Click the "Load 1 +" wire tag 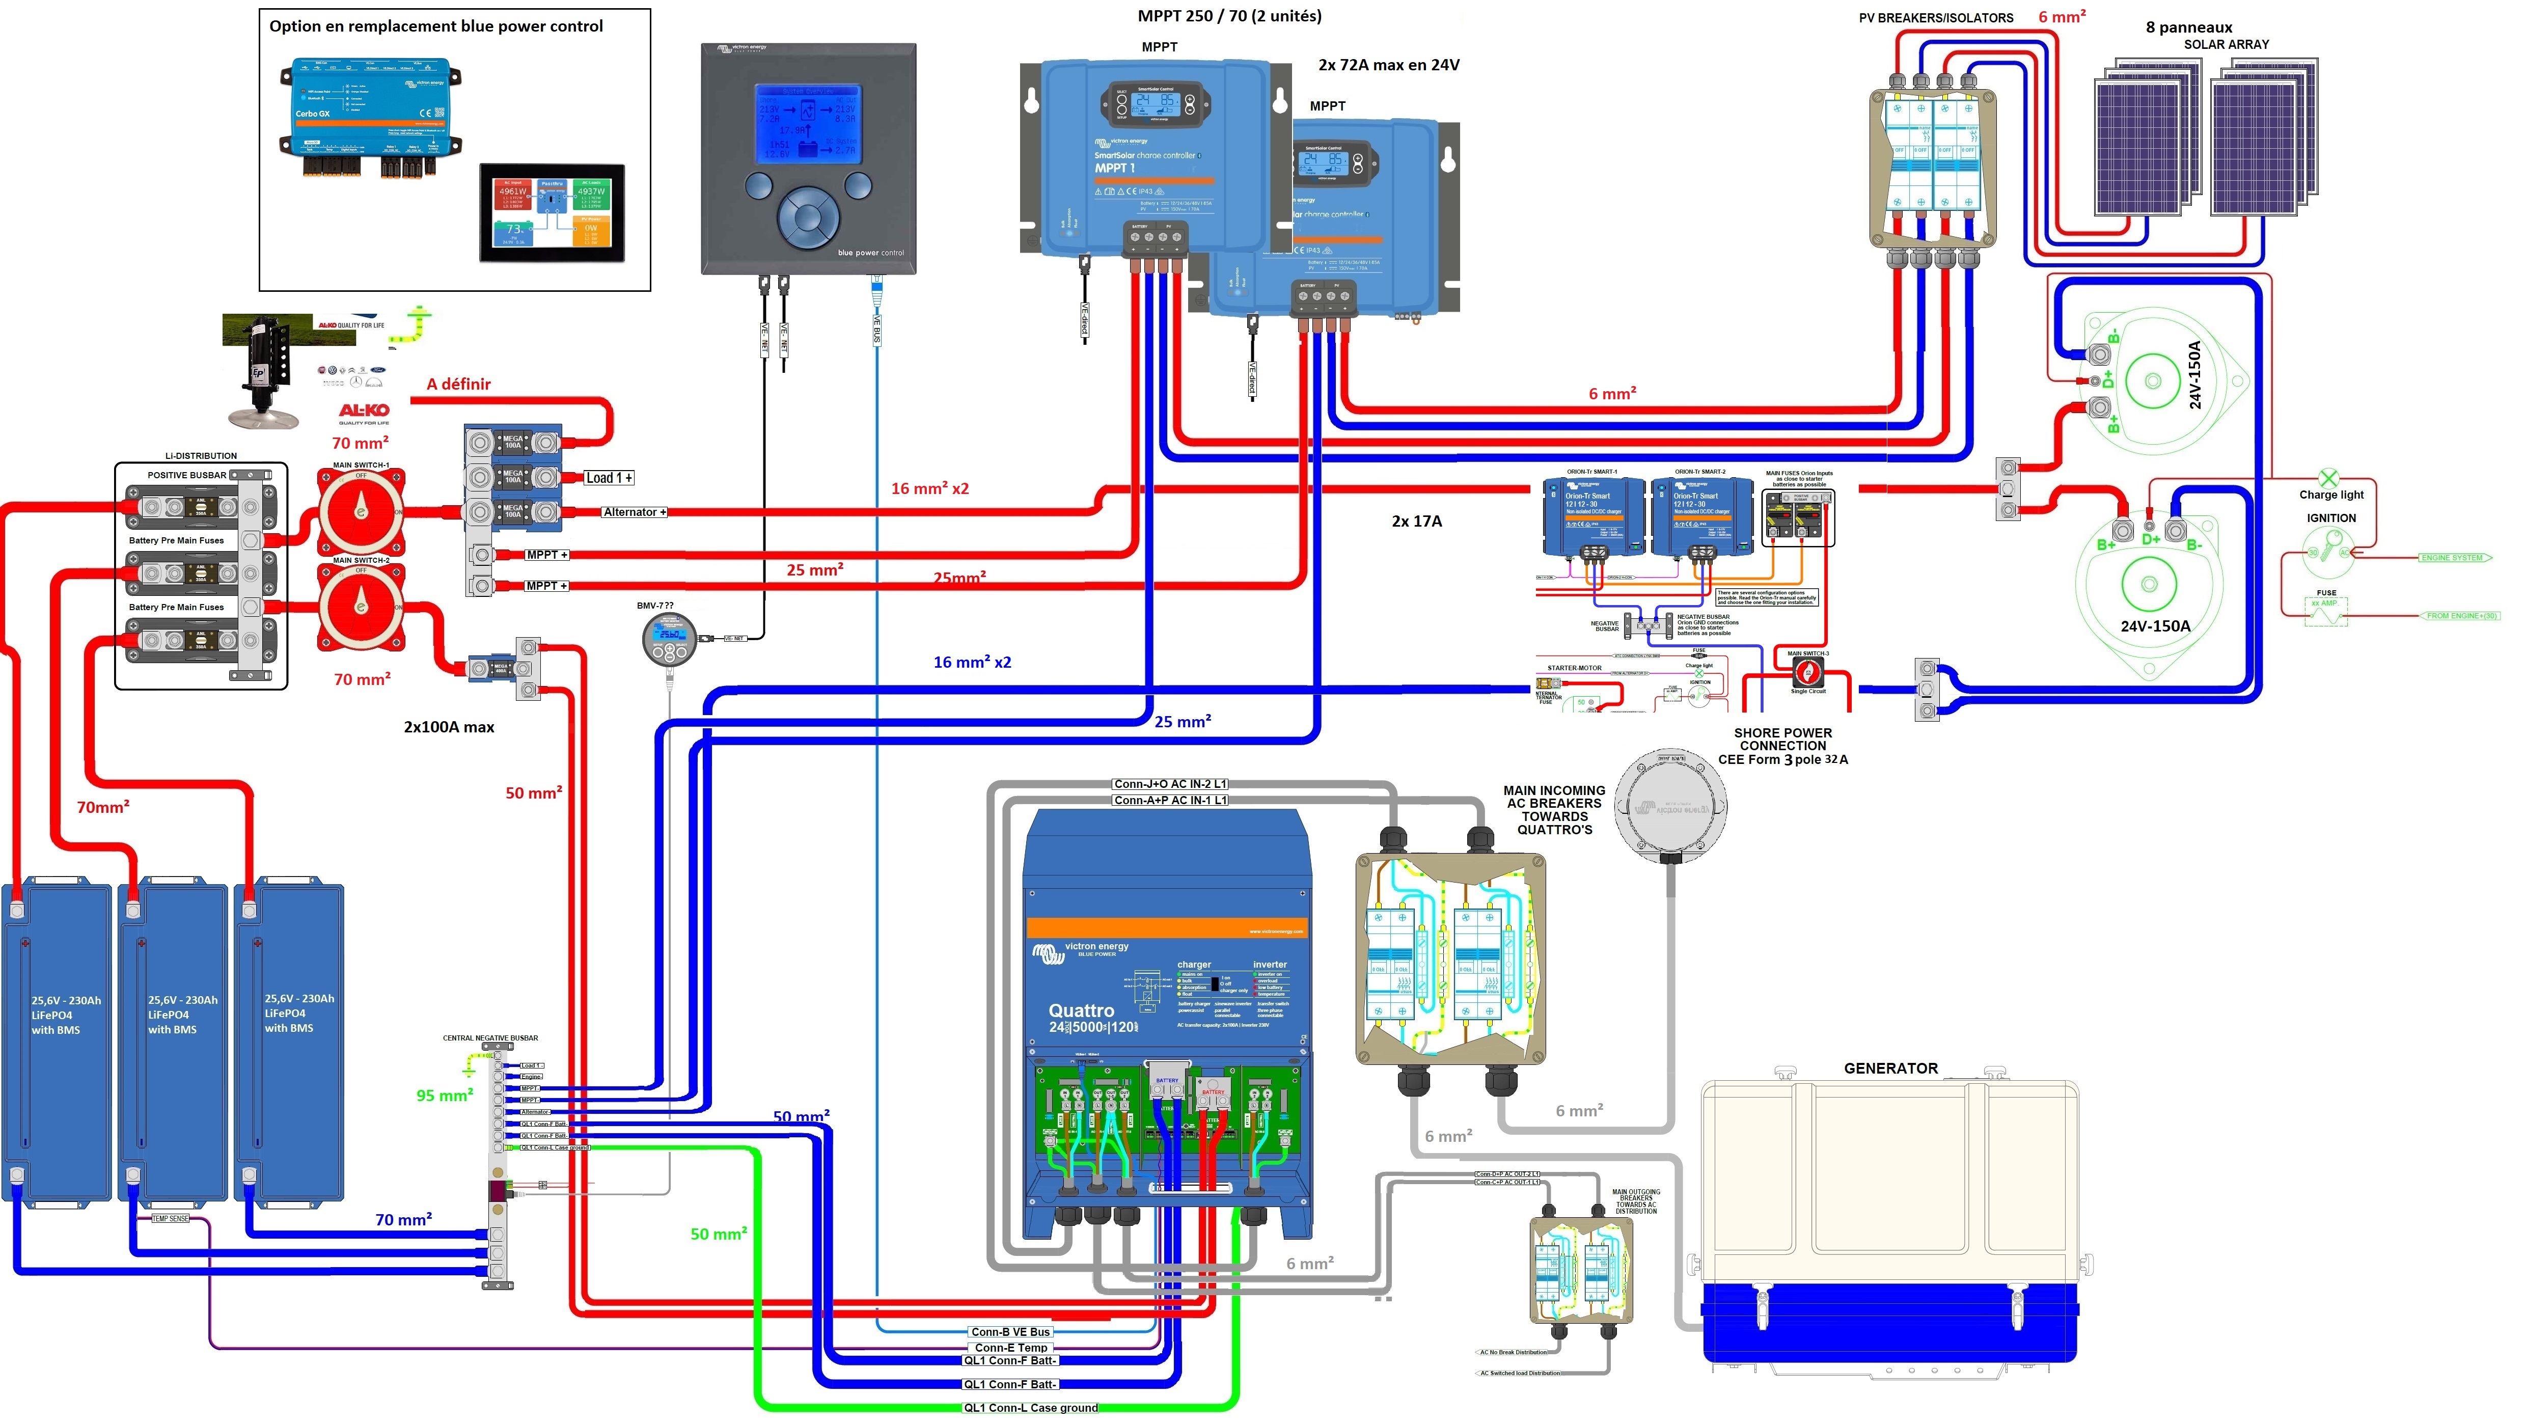pos(609,478)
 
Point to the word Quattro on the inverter pos(1081,1010)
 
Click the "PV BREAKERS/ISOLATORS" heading pos(1936,18)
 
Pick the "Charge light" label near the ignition pos(2331,495)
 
